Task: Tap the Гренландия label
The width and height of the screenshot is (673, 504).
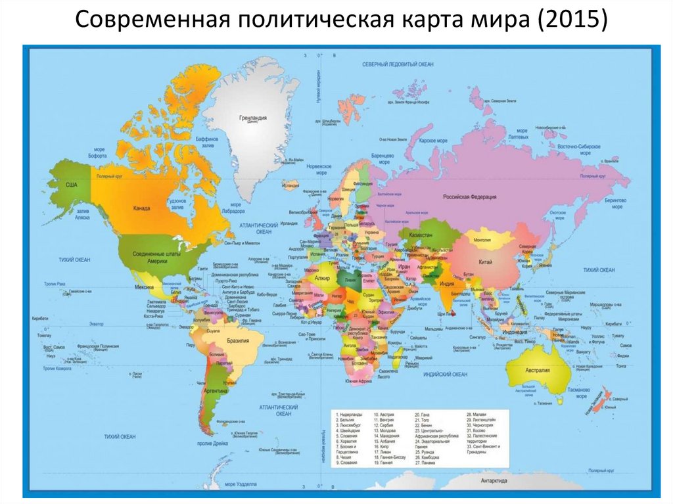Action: click(252, 118)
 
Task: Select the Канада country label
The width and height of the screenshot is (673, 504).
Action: click(143, 208)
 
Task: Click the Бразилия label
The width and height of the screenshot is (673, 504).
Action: click(237, 342)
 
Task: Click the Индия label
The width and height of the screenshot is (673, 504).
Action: click(447, 284)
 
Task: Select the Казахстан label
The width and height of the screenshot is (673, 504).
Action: click(421, 235)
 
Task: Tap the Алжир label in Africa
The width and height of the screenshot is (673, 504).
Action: click(323, 279)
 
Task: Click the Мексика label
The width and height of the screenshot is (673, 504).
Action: click(145, 287)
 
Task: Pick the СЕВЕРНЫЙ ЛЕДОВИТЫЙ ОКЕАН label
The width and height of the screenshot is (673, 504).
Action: click(398, 64)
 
